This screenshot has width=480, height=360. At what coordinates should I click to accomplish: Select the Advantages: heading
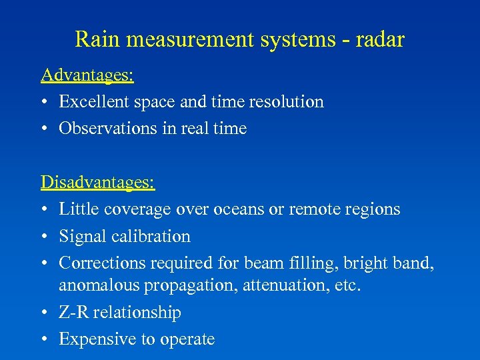coord(87,75)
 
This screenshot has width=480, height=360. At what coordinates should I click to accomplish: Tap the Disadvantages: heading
coord(97,181)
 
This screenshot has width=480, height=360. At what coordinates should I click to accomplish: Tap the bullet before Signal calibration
coord(45,237)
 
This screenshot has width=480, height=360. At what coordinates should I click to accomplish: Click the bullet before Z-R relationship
coord(45,313)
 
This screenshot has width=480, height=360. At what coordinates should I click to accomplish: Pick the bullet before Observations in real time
coord(45,129)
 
